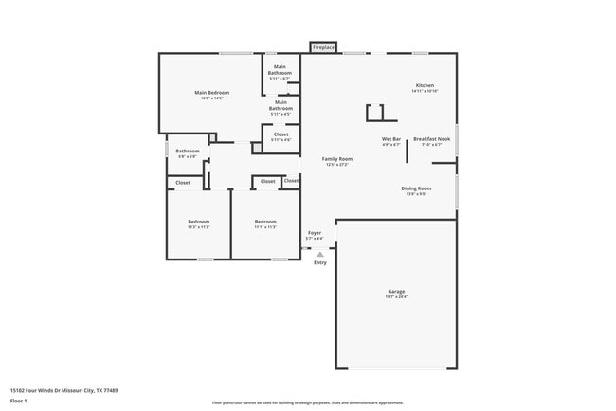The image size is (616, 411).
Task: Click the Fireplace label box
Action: [x=323, y=47]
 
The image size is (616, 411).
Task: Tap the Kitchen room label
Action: [x=424, y=86]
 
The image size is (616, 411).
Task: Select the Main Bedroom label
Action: [x=212, y=93]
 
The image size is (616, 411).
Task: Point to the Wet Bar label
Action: [x=391, y=140]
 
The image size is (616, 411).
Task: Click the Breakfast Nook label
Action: [x=431, y=140]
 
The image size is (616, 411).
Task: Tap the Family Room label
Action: [x=336, y=159]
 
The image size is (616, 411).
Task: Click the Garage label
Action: [x=396, y=292]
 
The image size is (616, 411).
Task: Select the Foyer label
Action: [x=314, y=232]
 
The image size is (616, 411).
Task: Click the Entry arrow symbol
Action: [x=320, y=254]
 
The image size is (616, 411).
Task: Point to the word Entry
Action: [x=320, y=262]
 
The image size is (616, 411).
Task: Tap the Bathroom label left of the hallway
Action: [x=187, y=151]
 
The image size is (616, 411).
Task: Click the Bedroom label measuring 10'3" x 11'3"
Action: [x=198, y=222]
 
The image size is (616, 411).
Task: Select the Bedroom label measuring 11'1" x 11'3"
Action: [x=264, y=222]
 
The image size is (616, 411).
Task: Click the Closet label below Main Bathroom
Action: [x=281, y=134]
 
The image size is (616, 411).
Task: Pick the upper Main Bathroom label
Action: [x=280, y=68]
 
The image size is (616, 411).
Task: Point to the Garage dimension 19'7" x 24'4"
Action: [x=396, y=297]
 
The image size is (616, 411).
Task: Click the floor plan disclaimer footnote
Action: [x=308, y=402]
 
